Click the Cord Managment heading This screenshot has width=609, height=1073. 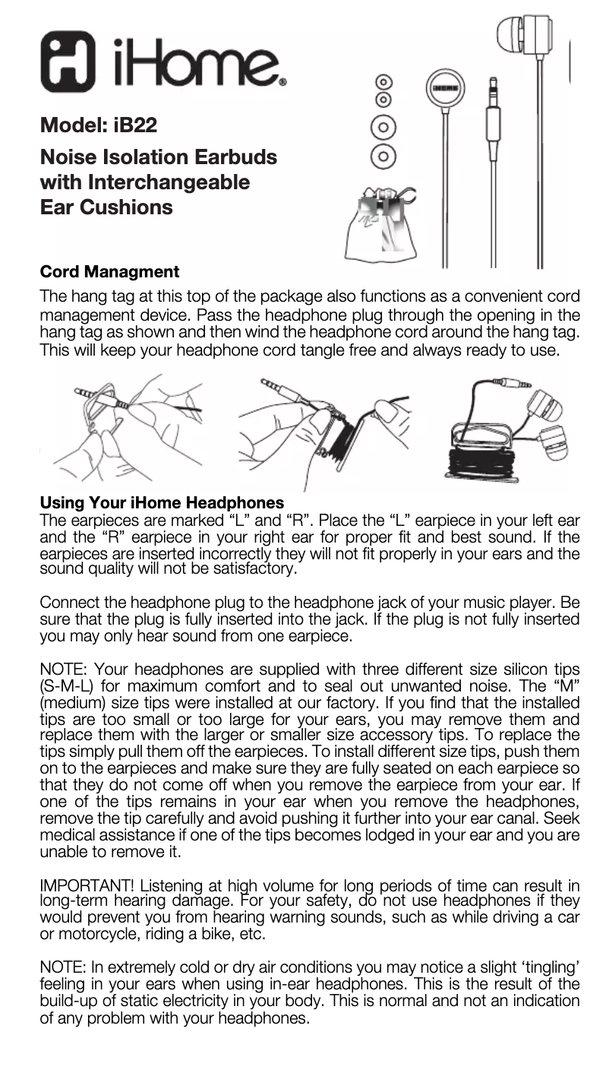(x=109, y=271)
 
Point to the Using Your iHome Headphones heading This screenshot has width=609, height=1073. (x=162, y=502)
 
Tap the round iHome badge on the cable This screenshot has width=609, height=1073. (x=443, y=90)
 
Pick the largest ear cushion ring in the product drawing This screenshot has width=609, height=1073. (x=384, y=157)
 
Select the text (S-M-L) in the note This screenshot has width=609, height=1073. (x=65, y=683)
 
